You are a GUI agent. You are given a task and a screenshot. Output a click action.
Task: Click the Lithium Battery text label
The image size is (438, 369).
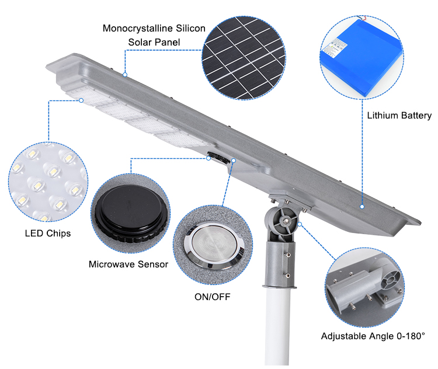point(399,116)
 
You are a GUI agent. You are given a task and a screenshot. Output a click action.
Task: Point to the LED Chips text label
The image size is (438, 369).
point(48,234)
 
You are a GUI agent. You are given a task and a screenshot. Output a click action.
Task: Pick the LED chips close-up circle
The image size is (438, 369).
point(48,181)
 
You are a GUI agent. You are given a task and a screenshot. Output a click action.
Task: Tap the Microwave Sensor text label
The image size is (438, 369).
point(128,264)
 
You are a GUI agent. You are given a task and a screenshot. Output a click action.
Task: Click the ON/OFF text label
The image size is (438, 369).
point(213,297)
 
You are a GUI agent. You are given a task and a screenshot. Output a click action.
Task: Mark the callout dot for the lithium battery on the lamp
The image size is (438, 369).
point(362,206)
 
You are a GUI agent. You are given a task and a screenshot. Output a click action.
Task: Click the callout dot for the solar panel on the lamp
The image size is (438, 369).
point(125,75)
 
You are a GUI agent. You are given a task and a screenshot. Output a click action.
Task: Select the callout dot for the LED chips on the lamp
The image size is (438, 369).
point(82,100)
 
